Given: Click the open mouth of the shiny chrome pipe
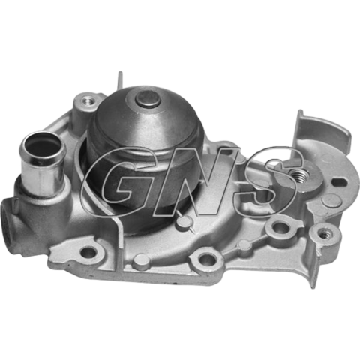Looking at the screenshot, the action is pyautogui.click(x=43, y=144).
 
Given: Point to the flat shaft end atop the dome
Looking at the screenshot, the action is pyautogui.click(x=148, y=98).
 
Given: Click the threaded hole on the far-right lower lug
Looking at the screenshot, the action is pyautogui.click(x=325, y=234).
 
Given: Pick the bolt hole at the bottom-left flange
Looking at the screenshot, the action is pyautogui.click(x=88, y=253).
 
